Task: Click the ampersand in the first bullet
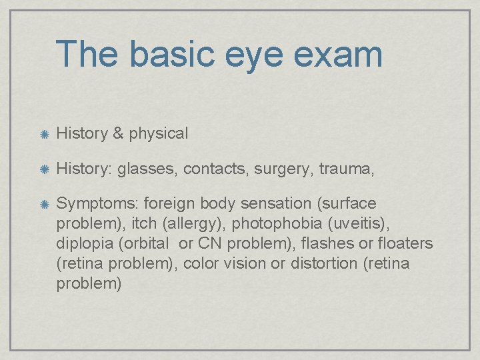click(118, 133)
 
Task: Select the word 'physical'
click(159, 134)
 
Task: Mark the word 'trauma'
click(345, 169)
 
